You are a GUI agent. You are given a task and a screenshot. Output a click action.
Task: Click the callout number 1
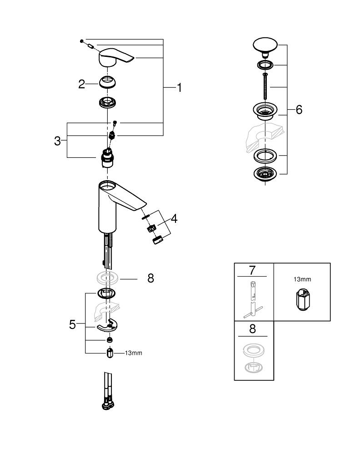click(179, 87)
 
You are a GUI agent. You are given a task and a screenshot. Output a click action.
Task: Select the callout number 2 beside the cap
click(81, 84)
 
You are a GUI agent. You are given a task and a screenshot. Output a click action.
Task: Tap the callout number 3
click(57, 141)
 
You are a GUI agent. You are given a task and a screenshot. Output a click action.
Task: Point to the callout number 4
click(174, 218)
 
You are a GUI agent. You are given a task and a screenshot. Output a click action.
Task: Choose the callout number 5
click(72, 324)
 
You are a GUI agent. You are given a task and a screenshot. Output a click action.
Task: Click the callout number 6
click(299, 110)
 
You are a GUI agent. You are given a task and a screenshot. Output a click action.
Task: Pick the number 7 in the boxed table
click(252, 270)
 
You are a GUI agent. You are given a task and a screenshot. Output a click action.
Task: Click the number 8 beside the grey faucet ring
click(150, 278)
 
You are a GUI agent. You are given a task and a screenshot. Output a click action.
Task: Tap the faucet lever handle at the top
click(115, 57)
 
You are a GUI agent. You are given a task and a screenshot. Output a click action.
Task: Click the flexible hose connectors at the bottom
click(107, 392)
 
